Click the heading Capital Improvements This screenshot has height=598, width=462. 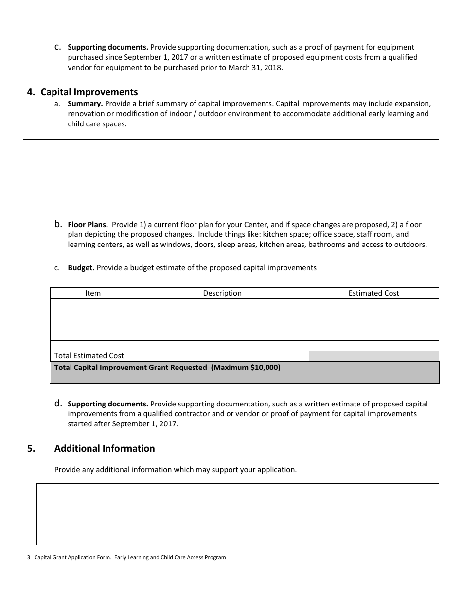click(x=89, y=92)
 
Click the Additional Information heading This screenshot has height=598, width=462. click(x=105, y=449)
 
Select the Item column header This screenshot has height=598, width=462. click(x=93, y=293)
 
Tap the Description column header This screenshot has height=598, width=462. click(x=222, y=293)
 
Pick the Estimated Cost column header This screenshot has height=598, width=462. click(x=373, y=293)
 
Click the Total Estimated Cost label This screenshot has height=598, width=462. click(x=89, y=356)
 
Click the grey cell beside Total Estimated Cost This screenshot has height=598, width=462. click(x=373, y=356)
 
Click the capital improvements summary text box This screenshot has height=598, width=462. click(x=231, y=172)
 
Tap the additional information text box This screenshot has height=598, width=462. click(x=238, y=514)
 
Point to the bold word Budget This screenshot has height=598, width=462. click(x=81, y=268)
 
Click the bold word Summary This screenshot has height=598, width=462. click(x=85, y=104)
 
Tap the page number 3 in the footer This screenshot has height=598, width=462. click(x=29, y=557)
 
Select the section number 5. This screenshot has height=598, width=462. click(x=31, y=449)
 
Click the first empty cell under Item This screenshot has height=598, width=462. click(x=93, y=304)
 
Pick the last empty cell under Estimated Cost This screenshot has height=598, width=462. click(x=373, y=346)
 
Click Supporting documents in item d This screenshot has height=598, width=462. click(x=108, y=404)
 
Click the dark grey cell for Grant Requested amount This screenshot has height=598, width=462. click(x=373, y=372)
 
